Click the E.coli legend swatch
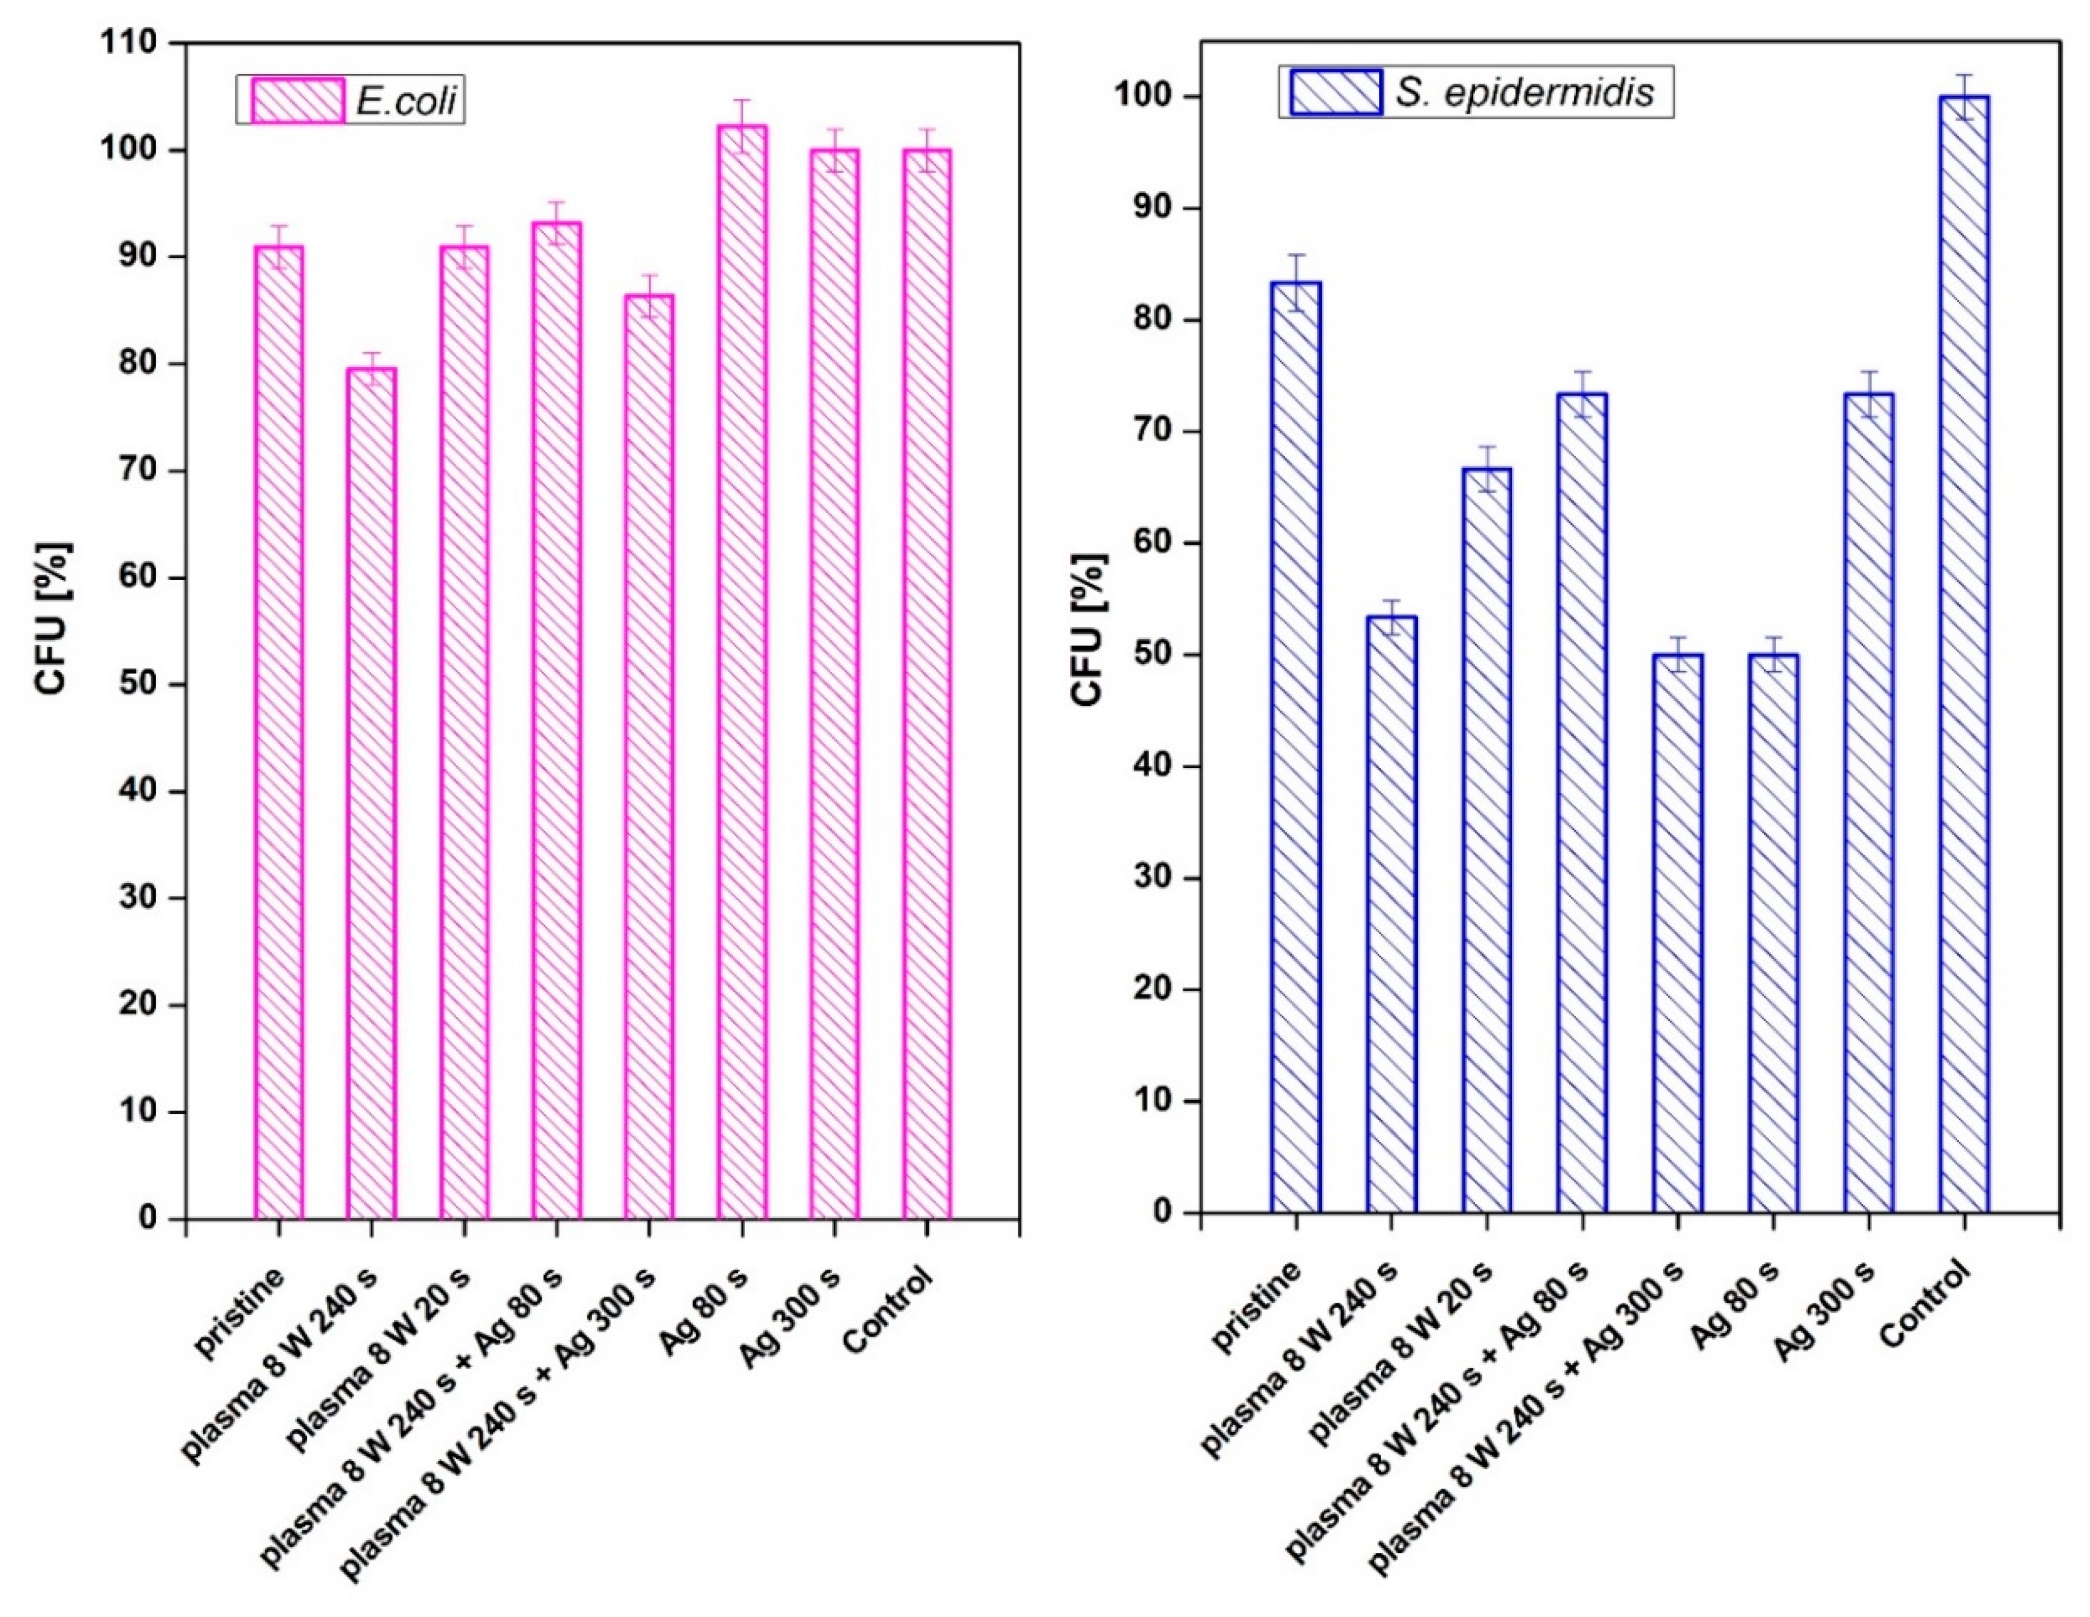click(x=298, y=100)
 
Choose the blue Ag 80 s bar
click(x=1773, y=933)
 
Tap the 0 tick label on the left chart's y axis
click(x=148, y=1218)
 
